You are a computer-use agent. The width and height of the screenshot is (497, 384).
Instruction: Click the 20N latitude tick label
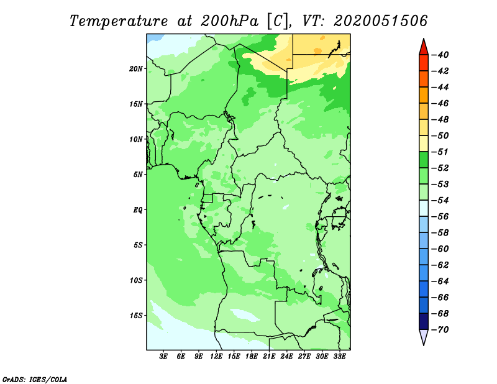click(135, 69)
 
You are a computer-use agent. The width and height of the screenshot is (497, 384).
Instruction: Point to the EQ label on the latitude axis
click(137, 210)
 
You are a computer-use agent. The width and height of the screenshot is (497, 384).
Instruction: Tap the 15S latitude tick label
click(135, 316)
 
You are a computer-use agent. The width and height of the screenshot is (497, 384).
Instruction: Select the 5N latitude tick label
click(137, 175)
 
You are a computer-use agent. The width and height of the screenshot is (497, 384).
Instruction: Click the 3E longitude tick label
click(163, 357)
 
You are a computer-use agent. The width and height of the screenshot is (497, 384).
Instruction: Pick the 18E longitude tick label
click(252, 357)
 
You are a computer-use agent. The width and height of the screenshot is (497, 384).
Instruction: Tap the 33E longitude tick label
click(339, 357)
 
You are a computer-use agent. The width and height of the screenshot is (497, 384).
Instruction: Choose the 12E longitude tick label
click(216, 357)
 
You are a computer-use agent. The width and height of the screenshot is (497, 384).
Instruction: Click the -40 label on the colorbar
click(440, 55)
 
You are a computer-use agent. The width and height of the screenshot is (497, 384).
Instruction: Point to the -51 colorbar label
click(440, 152)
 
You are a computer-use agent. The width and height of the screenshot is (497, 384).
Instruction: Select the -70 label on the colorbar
click(440, 330)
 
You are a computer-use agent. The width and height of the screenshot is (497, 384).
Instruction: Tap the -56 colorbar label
click(440, 217)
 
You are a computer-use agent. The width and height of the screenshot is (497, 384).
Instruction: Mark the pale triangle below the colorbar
click(424, 336)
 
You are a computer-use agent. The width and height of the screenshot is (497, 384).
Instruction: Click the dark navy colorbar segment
click(424, 321)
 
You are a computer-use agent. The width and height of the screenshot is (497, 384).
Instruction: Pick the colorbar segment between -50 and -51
click(424, 144)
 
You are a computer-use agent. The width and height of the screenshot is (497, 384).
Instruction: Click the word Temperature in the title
click(119, 21)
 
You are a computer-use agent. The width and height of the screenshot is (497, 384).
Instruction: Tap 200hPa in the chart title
click(230, 21)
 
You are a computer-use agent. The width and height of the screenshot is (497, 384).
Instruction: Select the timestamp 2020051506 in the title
click(381, 21)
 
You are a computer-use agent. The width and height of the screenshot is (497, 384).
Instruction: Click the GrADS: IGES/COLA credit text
click(35, 380)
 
